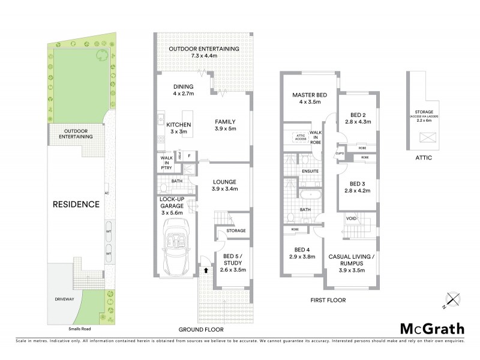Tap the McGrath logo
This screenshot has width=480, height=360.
click(x=431, y=328)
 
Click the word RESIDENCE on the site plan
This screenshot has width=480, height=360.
click(x=76, y=204)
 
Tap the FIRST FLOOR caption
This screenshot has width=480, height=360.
click(x=328, y=299)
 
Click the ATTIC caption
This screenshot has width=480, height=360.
click(x=422, y=158)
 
